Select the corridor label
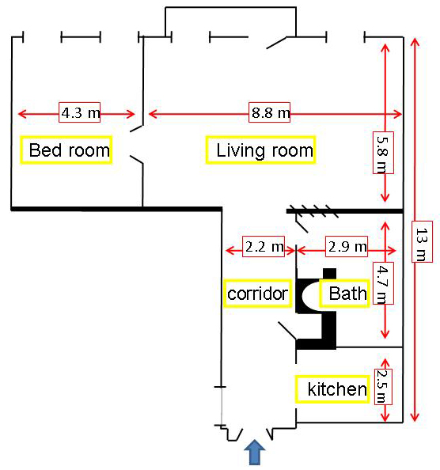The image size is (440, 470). [x=258, y=294]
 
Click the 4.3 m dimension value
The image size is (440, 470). [x=79, y=112]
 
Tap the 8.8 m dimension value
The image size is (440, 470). [x=269, y=112]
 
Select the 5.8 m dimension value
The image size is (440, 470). [x=383, y=153]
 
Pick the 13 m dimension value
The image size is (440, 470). [x=422, y=241]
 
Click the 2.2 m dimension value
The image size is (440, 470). [x=264, y=246]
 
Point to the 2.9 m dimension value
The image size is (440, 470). [x=347, y=246]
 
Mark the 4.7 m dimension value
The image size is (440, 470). [x=383, y=283]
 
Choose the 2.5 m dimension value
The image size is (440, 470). [x=383, y=387]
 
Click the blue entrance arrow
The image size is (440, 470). [x=255, y=453]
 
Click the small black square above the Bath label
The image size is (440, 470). [x=329, y=274]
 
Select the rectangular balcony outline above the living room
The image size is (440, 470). [x=230, y=7]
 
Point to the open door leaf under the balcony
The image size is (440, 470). [x=276, y=43]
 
